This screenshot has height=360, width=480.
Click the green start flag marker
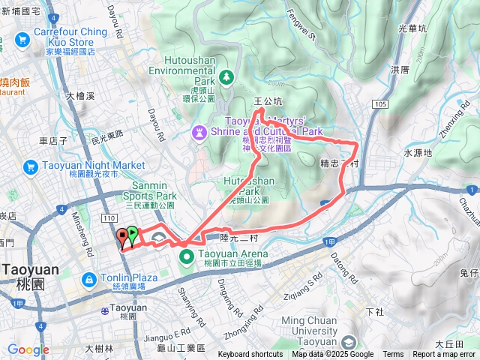(133, 235)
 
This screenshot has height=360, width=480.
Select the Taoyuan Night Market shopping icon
(31, 166)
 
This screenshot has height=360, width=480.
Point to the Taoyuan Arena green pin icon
(187, 259)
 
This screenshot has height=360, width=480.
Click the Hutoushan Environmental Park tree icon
(225, 78)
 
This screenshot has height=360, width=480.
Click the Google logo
(28, 349)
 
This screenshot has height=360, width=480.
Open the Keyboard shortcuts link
(250, 355)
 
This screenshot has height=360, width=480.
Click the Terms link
(393, 355)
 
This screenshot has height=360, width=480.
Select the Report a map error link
(444, 355)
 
